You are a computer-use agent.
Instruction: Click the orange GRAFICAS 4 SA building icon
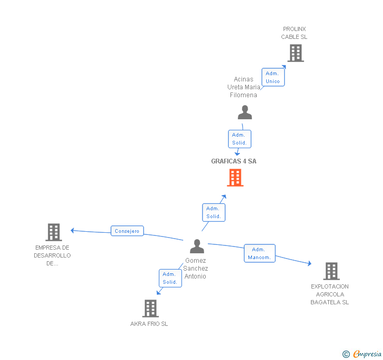coord(235,178)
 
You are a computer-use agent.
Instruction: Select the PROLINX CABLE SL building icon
coord(295,53)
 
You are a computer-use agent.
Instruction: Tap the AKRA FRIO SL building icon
coord(150,308)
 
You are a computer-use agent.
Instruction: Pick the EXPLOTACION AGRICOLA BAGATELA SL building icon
coord(331,271)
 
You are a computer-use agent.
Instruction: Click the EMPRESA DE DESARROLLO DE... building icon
coord(54,232)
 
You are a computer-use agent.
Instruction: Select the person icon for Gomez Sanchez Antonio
coord(197,246)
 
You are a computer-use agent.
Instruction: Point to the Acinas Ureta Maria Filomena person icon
coord(245,112)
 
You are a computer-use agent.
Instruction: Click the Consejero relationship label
coord(127,231)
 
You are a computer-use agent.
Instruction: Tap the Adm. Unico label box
coord(273,77)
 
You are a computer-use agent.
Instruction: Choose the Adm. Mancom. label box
coord(259,253)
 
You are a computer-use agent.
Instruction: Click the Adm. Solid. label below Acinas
coord(239,139)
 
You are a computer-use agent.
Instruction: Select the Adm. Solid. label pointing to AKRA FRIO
coord(170,278)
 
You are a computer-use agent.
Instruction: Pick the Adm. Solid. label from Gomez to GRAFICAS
coord(213,212)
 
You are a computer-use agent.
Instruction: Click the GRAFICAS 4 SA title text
coord(234,161)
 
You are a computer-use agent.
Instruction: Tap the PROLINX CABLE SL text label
coord(294,33)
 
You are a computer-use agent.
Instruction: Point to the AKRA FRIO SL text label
coord(149,324)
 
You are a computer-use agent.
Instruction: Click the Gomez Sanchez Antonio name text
coord(195,269)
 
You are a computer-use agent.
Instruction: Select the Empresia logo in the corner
coord(362,354)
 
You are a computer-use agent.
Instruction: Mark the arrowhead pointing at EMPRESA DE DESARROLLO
coord(73,230)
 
